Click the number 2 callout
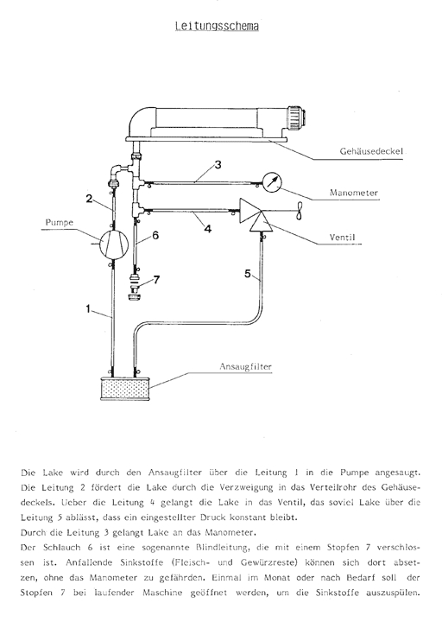point(89,199)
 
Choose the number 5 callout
point(248,275)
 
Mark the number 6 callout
point(155,235)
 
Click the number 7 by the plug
point(156,280)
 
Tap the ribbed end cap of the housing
point(294,115)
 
